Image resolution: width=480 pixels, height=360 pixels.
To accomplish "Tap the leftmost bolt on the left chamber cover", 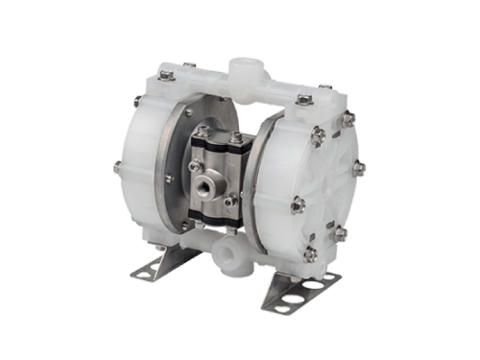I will (x=115, y=168).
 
